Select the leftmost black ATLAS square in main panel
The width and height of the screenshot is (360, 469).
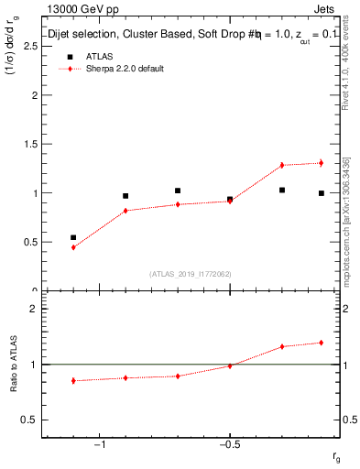(x=73, y=237)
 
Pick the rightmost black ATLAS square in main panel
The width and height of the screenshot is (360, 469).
(x=322, y=193)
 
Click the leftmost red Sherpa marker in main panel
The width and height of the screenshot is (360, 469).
(x=73, y=247)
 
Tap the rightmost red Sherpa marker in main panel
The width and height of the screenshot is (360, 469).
(x=322, y=163)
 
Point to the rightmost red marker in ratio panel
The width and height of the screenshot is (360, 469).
(x=322, y=343)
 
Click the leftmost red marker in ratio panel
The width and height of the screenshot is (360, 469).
(x=73, y=380)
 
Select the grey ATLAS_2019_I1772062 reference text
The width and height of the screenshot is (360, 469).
(x=191, y=274)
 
